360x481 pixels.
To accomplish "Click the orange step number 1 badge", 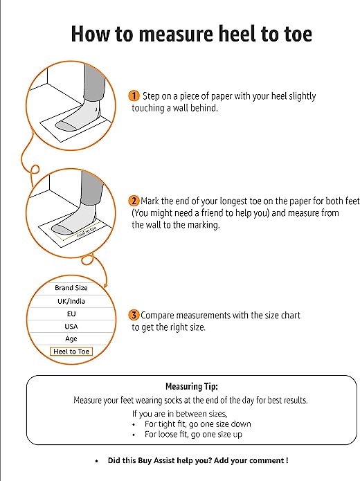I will (x=134, y=96).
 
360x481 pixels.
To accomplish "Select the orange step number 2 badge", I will (x=134, y=201).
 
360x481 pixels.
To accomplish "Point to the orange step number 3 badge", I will (x=134, y=315).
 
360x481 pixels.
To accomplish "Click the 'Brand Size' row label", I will (x=71, y=288).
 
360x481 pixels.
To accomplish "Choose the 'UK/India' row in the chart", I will (x=71, y=301).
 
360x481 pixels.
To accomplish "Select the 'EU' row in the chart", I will (x=71, y=314).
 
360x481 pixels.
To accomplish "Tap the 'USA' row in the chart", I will (x=71, y=326).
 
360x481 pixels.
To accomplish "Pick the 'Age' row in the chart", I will (x=71, y=339).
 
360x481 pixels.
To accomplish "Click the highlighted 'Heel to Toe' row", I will (x=71, y=352).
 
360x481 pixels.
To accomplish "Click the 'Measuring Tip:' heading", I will (x=191, y=387).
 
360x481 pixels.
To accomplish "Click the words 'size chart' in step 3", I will (x=281, y=315).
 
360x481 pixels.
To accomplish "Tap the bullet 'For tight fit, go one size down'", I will (x=197, y=424).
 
